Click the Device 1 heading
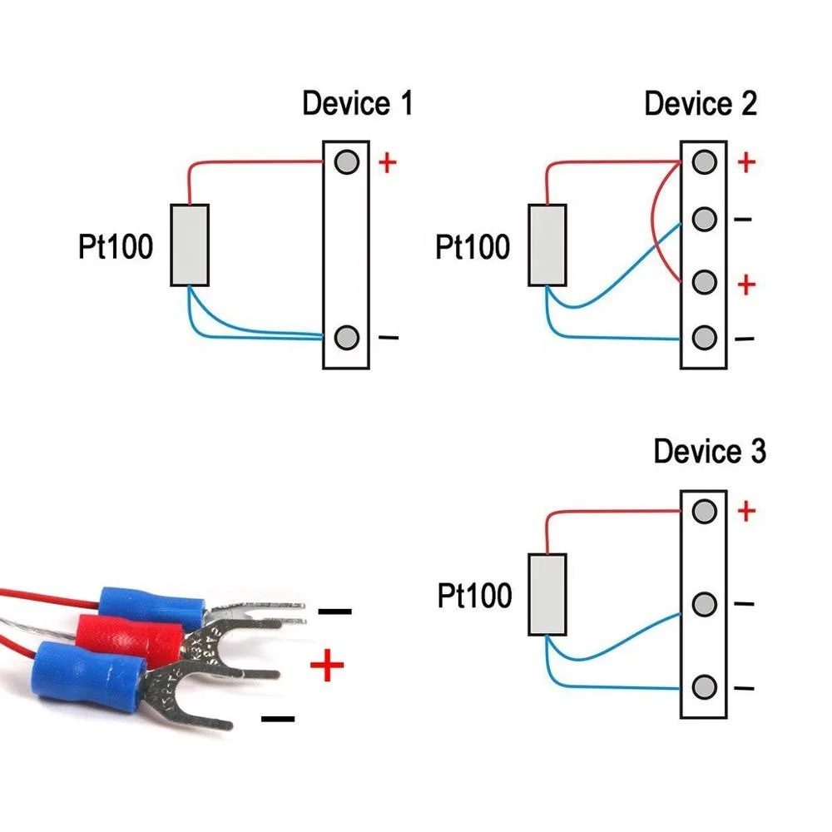pos(357,105)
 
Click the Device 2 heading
pos(701,105)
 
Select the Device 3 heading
pos(709,452)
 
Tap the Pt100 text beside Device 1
pos(116,247)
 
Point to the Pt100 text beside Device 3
pos(474,596)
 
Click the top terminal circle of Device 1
pos(346,161)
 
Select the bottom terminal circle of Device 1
pos(346,338)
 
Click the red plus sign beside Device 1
pos(387,162)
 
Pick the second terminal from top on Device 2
pos(704,220)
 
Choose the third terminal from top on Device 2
pos(704,283)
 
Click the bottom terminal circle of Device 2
pos(704,338)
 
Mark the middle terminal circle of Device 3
pos(704,603)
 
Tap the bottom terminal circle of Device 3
pos(704,687)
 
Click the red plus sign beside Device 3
pos(746,511)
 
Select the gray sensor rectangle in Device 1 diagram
pos(190,245)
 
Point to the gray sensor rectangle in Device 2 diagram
pos(547,245)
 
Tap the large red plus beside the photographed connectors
pos(326,666)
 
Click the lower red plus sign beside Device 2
pos(746,285)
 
